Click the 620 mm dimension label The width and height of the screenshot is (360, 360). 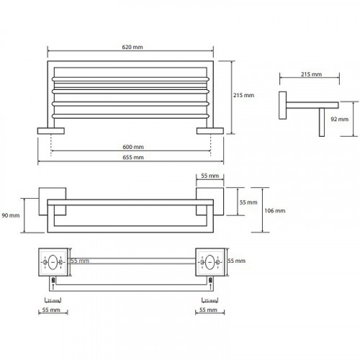132,47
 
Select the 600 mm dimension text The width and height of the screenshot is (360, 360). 133,147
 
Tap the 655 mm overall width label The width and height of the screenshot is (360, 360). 133,158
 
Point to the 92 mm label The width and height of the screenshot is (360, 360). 339,119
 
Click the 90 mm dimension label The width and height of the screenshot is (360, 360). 11,215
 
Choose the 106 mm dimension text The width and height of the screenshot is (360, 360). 275,211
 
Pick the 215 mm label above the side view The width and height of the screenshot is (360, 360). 311,74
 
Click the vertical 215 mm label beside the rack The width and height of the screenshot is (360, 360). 243,95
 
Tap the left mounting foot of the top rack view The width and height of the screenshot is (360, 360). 51,131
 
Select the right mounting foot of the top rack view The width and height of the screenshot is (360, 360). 210,131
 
